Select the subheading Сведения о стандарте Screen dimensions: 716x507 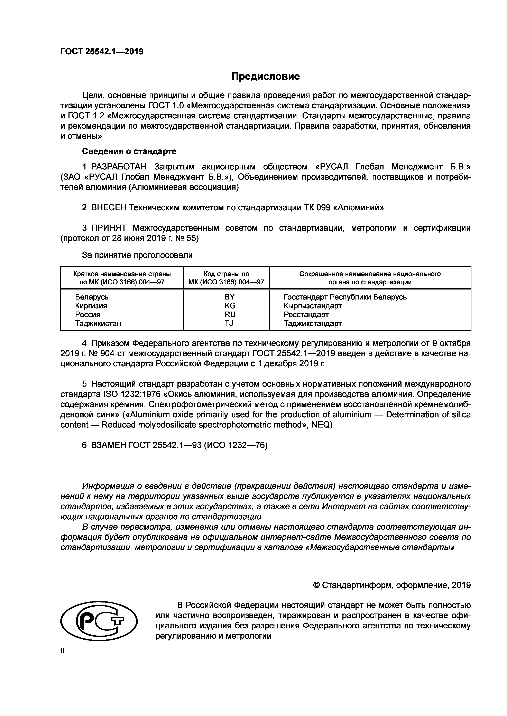129,151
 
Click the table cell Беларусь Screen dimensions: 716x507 92,297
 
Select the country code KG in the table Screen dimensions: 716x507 230,306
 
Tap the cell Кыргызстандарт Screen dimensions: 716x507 313,306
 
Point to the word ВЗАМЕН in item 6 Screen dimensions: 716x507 108,446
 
